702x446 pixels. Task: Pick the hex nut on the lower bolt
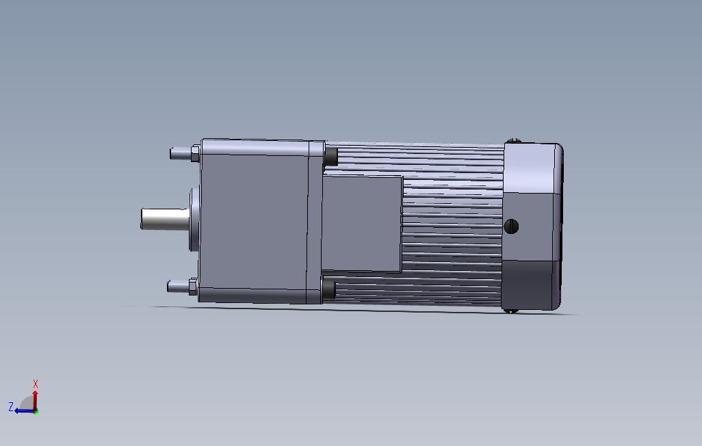[x=193, y=285]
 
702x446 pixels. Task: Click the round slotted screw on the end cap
[x=511, y=226]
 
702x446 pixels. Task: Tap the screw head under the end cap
[x=510, y=311]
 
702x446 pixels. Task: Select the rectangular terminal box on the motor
[x=361, y=224]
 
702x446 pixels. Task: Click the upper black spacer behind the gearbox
[x=330, y=155]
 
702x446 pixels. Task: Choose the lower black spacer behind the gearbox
[x=328, y=288]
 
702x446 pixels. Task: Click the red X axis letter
[x=36, y=384]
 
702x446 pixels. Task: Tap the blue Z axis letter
[x=11, y=407]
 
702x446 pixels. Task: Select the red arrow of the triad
[x=36, y=398]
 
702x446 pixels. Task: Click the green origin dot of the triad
[x=36, y=411]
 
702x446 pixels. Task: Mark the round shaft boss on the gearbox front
[x=194, y=219]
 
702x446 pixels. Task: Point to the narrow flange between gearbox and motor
[x=315, y=222]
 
